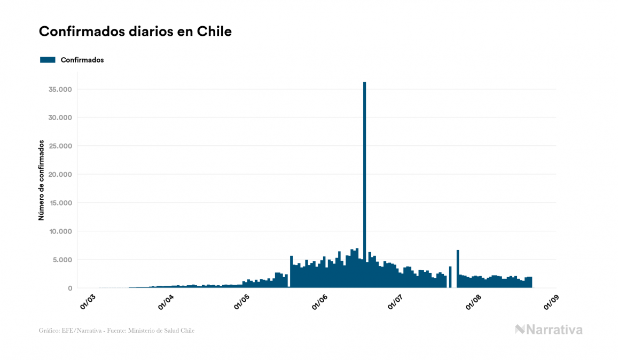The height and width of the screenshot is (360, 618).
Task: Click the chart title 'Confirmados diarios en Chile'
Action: coord(135,32)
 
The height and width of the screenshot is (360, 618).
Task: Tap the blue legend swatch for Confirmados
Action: coord(48,60)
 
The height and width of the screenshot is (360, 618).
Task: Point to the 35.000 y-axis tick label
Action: coord(60,89)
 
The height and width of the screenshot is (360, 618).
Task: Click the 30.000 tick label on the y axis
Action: coord(60,118)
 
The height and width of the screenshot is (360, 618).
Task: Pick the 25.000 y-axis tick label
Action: coord(60,146)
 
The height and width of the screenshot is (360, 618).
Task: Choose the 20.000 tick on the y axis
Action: coord(60,175)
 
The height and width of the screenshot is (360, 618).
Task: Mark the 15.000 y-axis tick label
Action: coord(60,203)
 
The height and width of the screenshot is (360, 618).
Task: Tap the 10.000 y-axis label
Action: coord(60,231)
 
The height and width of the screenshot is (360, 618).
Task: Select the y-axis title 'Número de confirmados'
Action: coord(41,180)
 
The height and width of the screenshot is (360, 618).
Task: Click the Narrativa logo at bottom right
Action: coord(549,330)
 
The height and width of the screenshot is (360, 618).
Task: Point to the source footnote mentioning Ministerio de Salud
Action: coord(116,331)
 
